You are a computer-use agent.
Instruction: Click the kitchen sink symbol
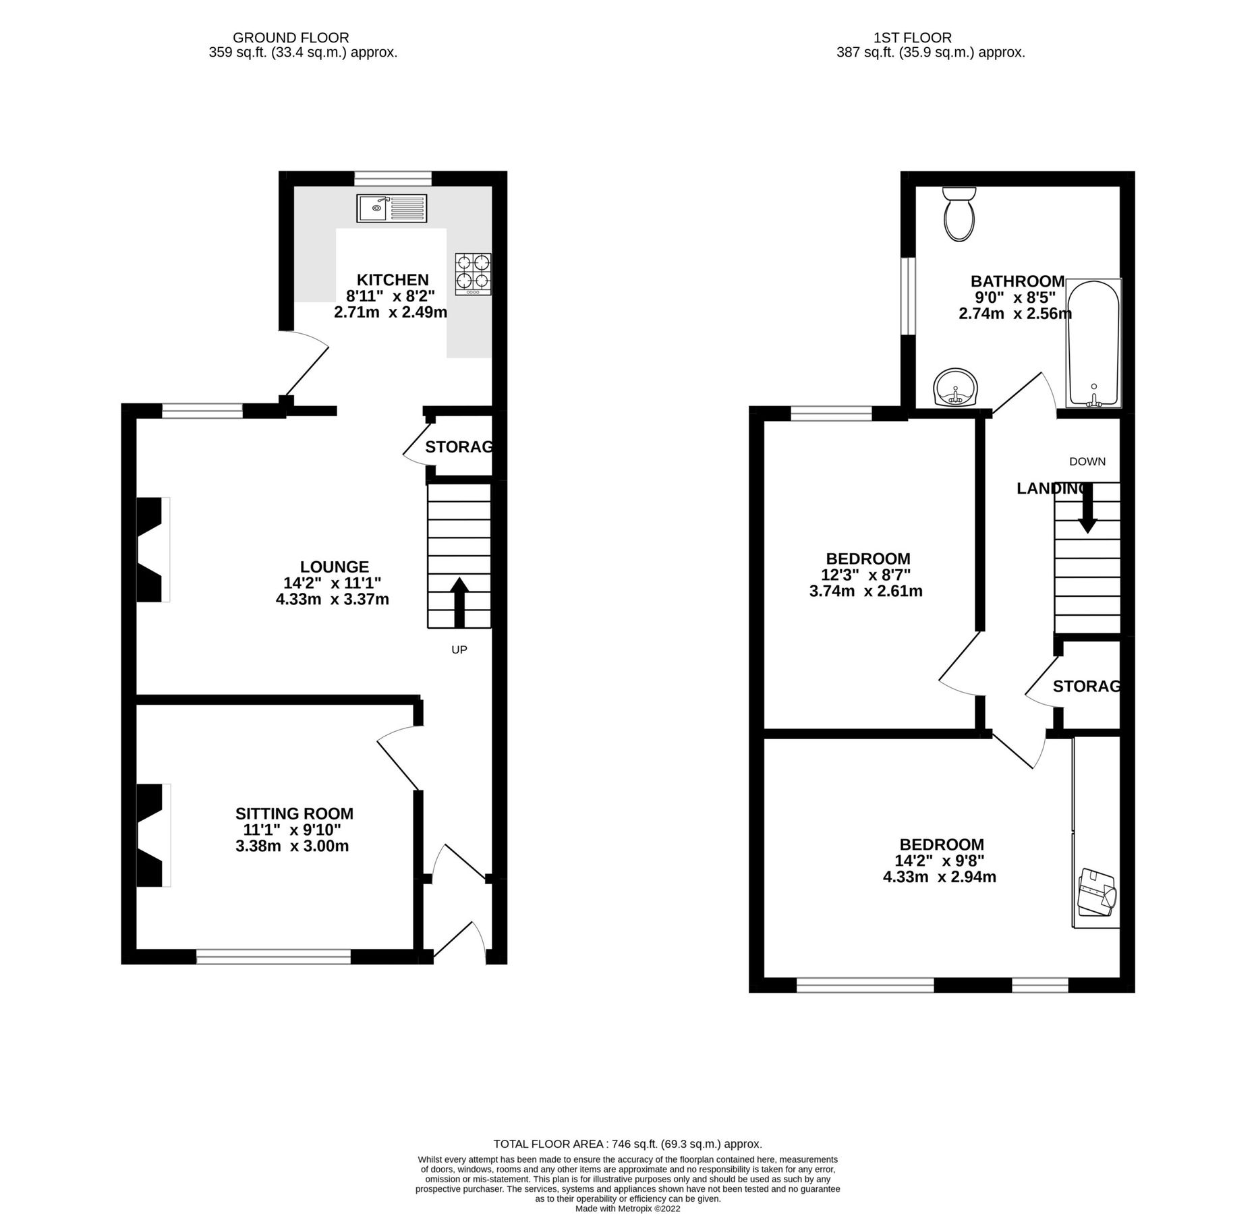(392, 208)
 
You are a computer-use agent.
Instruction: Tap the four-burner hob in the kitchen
(473, 273)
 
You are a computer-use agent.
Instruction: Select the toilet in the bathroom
(959, 214)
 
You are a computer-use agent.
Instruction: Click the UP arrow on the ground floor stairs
(459, 602)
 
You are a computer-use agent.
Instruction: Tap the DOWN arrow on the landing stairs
(1087, 509)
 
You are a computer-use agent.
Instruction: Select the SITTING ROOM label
(294, 813)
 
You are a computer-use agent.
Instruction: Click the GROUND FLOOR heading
(291, 38)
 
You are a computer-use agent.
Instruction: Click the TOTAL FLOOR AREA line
(627, 1144)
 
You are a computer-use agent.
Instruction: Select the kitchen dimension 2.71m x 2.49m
(391, 312)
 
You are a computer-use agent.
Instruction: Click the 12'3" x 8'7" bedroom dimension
(865, 575)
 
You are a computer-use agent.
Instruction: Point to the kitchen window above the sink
(393, 178)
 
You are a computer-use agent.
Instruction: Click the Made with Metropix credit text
(627, 1209)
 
